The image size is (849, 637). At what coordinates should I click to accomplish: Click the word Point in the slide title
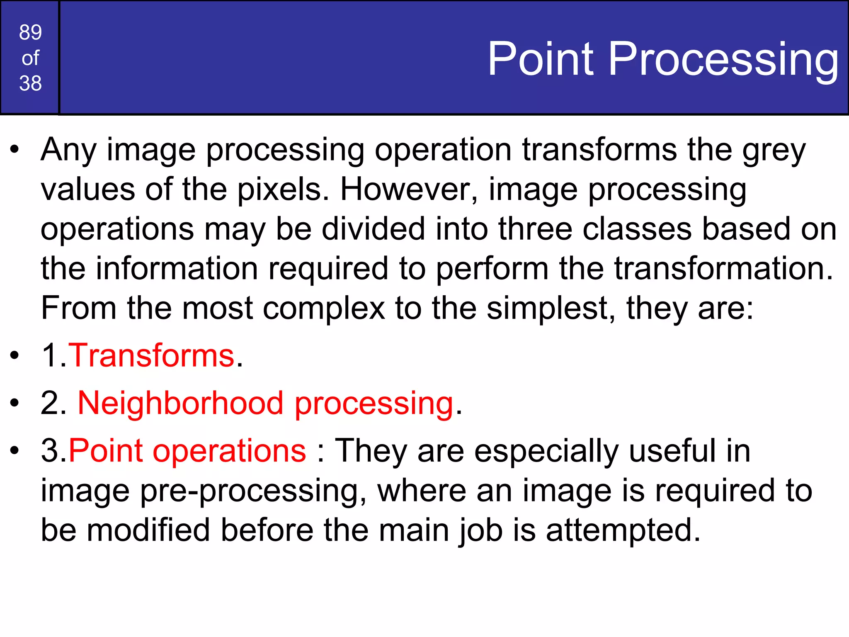pyautogui.click(x=541, y=59)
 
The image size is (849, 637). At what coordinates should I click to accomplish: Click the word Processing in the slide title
pyautogui.click(x=723, y=59)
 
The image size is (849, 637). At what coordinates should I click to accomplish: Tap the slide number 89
pyautogui.click(x=30, y=32)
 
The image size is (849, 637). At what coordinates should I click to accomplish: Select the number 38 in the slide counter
pyautogui.click(x=30, y=83)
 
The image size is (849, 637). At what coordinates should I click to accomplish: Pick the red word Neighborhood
pyautogui.click(x=181, y=403)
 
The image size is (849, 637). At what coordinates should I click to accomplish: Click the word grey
pyautogui.click(x=774, y=150)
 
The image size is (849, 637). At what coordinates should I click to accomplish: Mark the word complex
pyautogui.click(x=324, y=309)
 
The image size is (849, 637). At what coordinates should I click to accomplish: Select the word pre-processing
pyautogui.click(x=253, y=491)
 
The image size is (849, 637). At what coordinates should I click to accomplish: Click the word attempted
pyautogui.click(x=623, y=531)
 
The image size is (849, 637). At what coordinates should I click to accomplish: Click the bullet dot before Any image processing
pyautogui.click(x=15, y=150)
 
